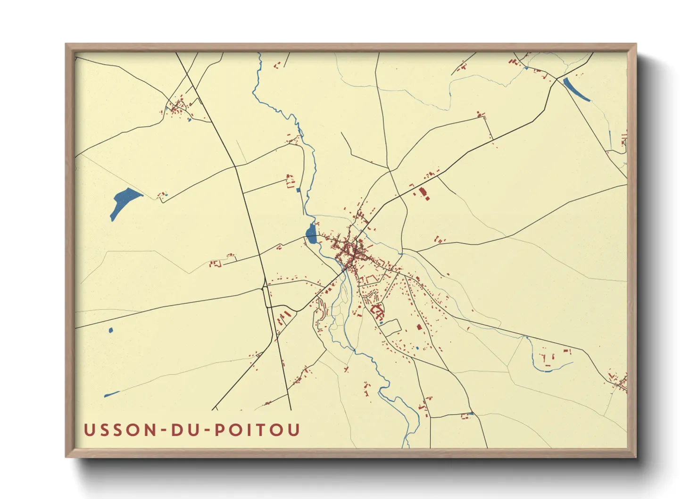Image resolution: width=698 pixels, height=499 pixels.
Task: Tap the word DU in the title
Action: pos(186,430)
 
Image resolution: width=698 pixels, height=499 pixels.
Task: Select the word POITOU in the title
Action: pos(257,430)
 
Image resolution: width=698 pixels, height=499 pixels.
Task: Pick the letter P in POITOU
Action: pos(220,430)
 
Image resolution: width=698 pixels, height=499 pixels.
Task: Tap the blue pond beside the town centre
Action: pos(311,233)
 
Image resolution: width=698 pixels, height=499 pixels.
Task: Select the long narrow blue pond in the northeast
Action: pos(576,89)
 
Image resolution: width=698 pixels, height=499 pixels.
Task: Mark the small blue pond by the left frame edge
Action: pos(111,330)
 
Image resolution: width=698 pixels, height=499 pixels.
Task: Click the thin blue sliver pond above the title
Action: pos(111,394)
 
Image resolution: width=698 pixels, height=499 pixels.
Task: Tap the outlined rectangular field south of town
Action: pos(391,327)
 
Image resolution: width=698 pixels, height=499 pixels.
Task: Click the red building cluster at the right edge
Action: pos(619,381)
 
